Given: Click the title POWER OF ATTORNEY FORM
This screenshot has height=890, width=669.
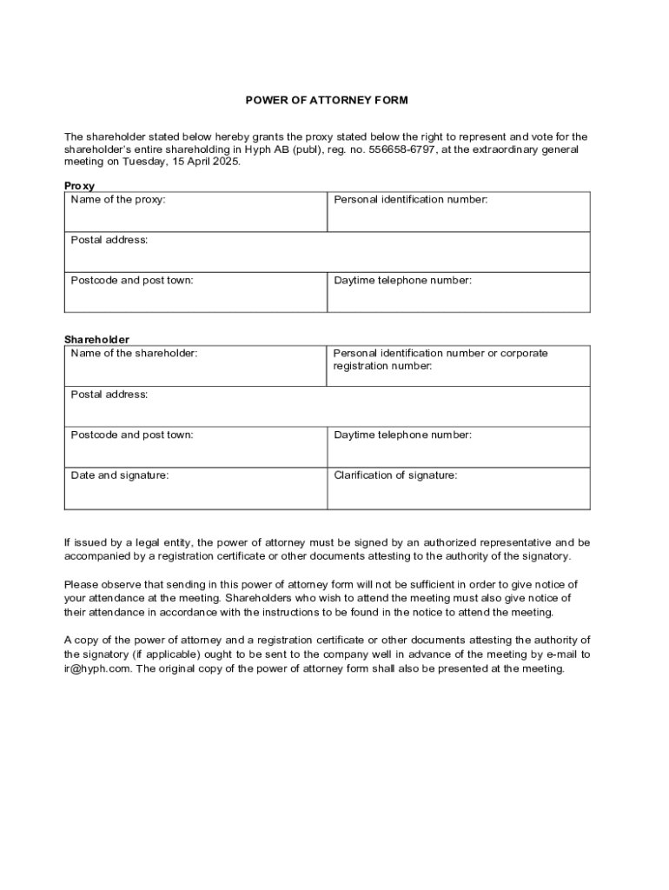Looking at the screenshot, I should pyautogui.click(x=327, y=100).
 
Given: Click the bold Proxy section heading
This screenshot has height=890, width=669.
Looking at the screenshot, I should pyautogui.click(x=79, y=186).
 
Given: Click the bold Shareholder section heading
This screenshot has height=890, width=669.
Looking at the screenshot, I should pyautogui.click(x=96, y=339).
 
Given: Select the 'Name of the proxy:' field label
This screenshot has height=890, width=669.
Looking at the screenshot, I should pyautogui.click(x=118, y=200).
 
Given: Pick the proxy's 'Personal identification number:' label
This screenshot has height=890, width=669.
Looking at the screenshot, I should pyautogui.click(x=411, y=200).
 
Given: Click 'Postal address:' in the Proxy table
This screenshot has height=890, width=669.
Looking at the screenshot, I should pyautogui.click(x=109, y=240).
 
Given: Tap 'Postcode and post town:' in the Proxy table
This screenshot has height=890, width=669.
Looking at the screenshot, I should pyautogui.click(x=132, y=280).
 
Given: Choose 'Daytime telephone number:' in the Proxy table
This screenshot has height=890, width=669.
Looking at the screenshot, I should pyautogui.click(x=403, y=280).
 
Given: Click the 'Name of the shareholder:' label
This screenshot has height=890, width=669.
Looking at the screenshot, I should pyautogui.click(x=134, y=353).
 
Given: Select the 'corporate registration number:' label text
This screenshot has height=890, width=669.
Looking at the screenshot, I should pyautogui.click(x=382, y=366).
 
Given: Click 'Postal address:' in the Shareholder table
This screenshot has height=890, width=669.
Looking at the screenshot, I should pyautogui.click(x=109, y=394).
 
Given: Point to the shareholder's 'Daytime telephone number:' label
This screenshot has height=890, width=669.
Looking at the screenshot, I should pyautogui.click(x=403, y=435).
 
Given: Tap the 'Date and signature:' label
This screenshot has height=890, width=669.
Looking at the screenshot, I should pyautogui.click(x=120, y=475).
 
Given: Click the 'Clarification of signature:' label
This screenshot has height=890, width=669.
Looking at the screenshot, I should pyautogui.click(x=395, y=475).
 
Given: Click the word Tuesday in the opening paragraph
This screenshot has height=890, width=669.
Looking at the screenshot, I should pyautogui.click(x=145, y=162).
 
